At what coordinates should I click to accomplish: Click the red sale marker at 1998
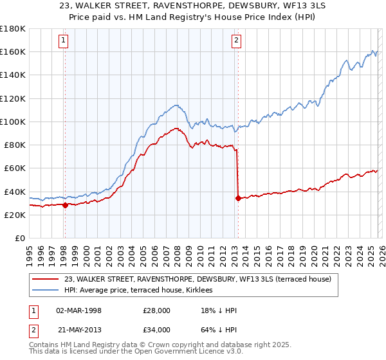(65, 205)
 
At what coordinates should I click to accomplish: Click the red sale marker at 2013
(238, 198)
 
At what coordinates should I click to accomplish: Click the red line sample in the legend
(46, 279)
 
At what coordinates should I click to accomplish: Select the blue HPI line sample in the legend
(46, 290)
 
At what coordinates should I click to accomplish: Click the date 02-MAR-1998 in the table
(78, 311)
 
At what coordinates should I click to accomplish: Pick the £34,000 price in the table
(157, 330)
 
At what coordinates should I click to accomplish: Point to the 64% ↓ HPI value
(219, 330)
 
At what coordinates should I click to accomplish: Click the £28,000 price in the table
(157, 311)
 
